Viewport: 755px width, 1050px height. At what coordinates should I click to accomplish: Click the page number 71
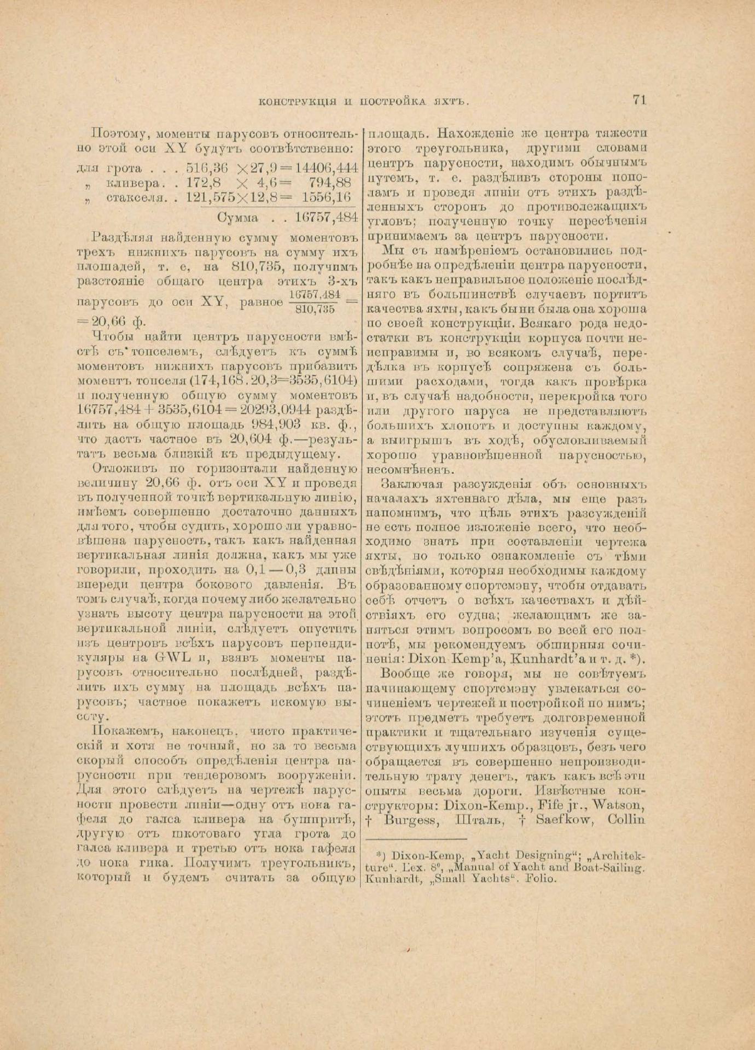pos(639,100)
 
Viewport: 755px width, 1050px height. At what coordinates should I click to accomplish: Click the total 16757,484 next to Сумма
pos(326,217)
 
